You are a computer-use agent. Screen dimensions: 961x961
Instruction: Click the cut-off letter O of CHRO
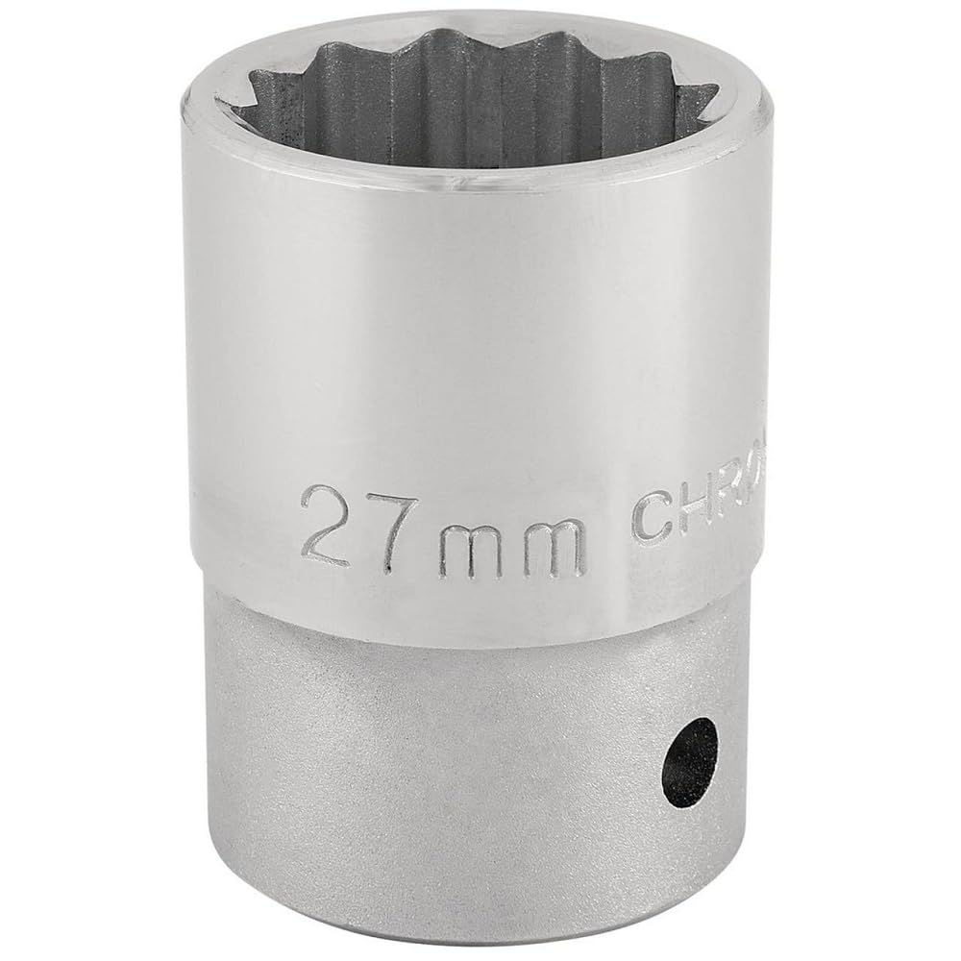pos(766,505)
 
